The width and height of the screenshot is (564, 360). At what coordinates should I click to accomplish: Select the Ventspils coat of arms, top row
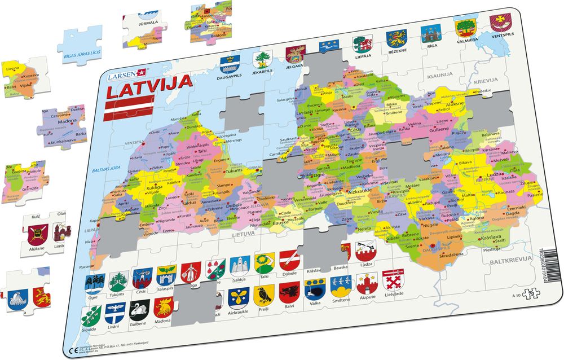coord(499,23)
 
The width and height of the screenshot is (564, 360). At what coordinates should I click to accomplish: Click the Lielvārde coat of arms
coord(393,280)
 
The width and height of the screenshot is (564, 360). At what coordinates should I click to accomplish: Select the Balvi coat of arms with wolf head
coord(289,292)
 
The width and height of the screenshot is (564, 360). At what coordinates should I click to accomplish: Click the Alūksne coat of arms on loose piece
coord(36,234)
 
